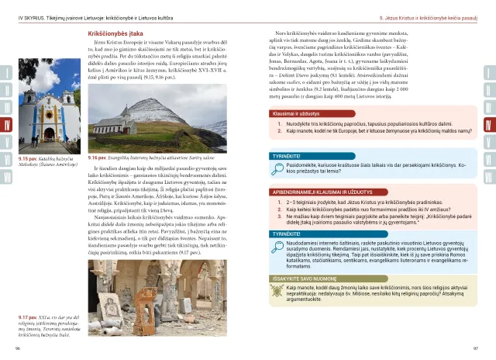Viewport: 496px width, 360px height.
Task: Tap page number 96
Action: coord(18,348)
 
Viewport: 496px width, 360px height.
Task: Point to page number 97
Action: coord(476,348)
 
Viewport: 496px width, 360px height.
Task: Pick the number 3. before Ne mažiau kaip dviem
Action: coord(280,218)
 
